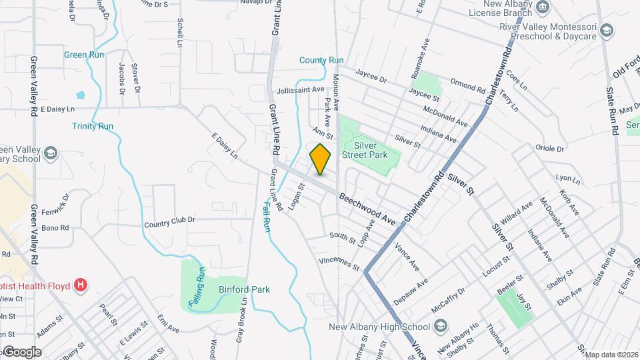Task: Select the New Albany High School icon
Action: click(440, 327)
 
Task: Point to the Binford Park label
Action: click(244, 289)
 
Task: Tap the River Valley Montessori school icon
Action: click(606, 30)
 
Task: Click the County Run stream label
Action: click(321, 60)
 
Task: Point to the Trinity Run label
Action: click(93, 126)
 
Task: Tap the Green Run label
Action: click(84, 55)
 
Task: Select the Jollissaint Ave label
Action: click(300, 89)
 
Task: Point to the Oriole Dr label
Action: click(551, 149)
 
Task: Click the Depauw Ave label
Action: click(410, 292)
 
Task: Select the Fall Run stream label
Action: click(265, 217)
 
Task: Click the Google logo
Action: click(21, 352)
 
